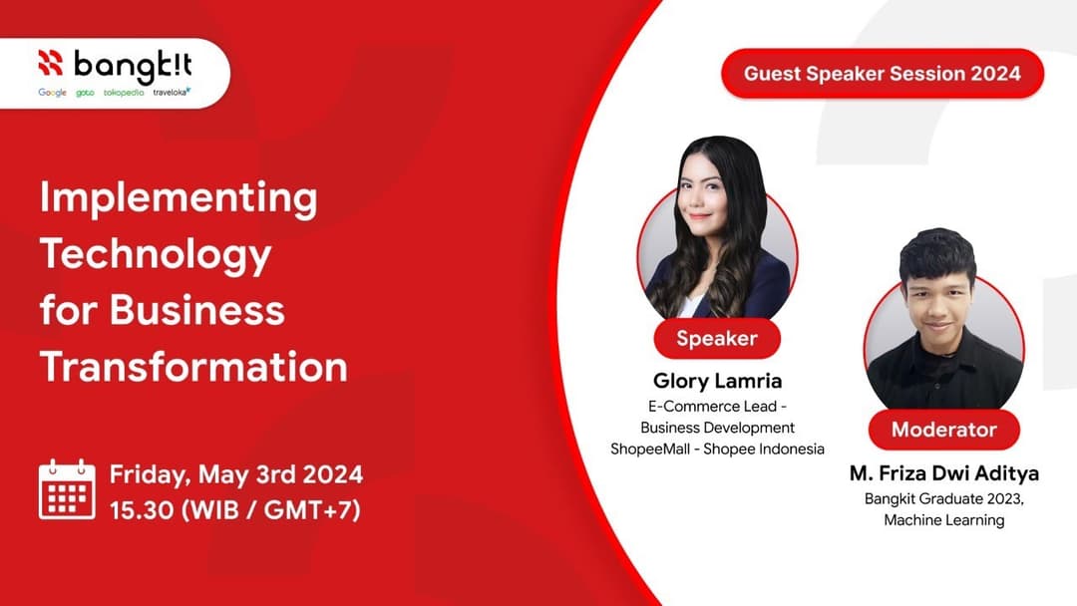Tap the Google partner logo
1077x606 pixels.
52,93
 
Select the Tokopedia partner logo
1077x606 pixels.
123,93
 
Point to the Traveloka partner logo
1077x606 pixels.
172,93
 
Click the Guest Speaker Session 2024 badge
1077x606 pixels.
882,74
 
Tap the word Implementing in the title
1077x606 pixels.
179,197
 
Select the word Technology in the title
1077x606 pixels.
156,254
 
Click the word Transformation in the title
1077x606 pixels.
193,367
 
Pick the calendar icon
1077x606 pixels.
67,489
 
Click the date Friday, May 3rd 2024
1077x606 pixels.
235,472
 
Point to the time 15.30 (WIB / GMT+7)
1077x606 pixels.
234,509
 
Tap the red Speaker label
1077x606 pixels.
716,338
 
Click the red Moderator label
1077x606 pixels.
943,430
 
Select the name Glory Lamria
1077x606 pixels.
717,381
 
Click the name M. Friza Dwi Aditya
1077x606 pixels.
943,472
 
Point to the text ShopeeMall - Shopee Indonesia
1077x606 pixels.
717,449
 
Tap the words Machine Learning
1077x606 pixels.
943,519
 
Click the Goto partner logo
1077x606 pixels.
85,93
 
